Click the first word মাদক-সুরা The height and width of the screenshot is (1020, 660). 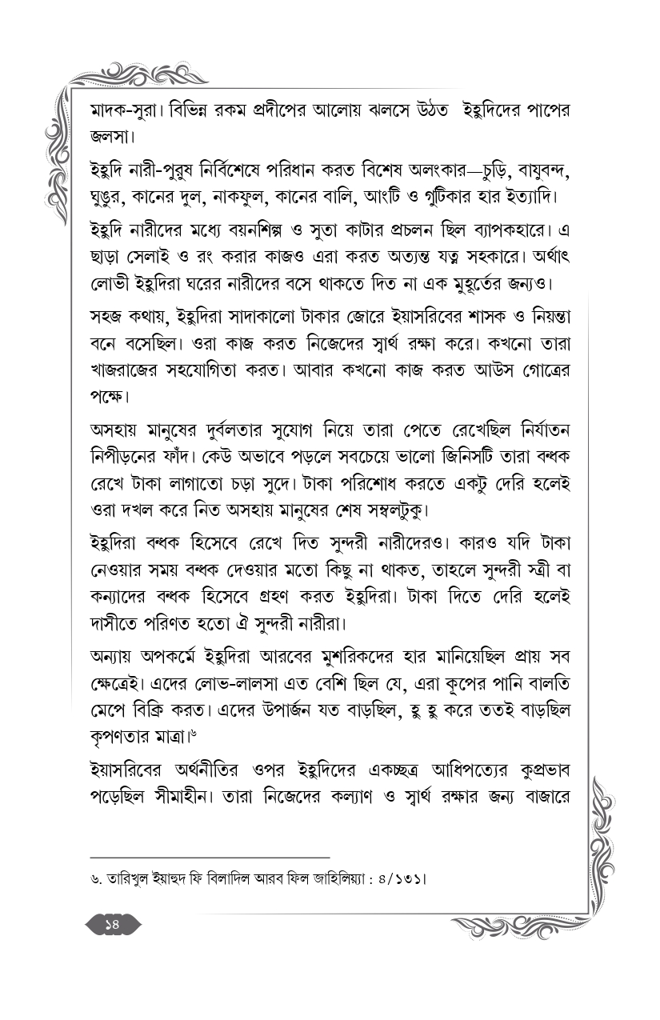(126, 110)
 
